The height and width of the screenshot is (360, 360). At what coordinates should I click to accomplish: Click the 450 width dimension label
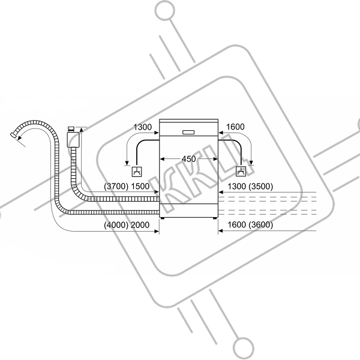click(x=188, y=159)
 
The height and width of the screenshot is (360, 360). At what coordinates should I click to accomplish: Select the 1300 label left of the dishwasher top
click(x=143, y=127)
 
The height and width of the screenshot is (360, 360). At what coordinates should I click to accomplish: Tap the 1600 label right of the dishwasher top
click(x=235, y=127)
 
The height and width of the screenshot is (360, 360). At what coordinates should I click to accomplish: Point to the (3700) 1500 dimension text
click(x=127, y=187)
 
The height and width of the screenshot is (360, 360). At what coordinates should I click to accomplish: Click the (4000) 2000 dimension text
click(x=127, y=225)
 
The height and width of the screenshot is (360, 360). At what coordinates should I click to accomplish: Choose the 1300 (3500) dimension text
click(x=250, y=187)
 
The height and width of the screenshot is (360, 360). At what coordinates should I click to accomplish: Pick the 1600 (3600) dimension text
click(x=250, y=225)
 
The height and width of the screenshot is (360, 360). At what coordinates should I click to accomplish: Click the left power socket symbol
click(x=137, y=172)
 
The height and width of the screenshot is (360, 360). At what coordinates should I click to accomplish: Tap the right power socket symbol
click(x=241, y=171)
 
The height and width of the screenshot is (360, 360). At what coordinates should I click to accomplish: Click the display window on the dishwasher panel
click(x=188, y=132)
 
